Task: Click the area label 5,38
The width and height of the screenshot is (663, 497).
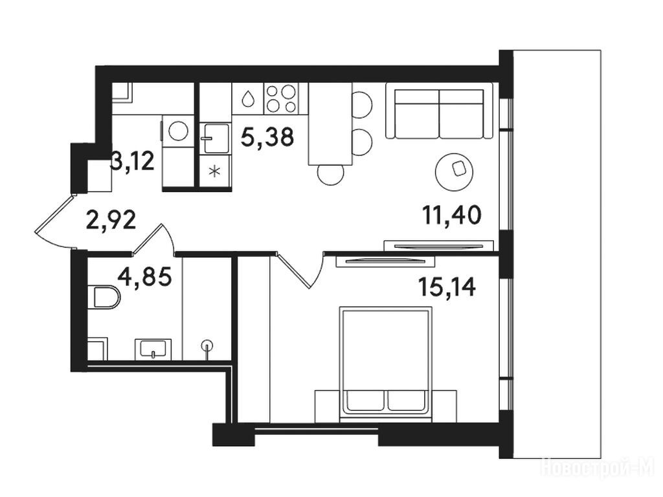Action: [x=267, y=137]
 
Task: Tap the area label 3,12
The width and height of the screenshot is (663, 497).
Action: [x=132, y=161]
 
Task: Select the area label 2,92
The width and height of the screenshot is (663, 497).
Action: [x=111, y=220]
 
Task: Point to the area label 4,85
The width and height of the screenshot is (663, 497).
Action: [x=144, y=277]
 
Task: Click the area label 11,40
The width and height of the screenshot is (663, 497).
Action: [x=451, y=215]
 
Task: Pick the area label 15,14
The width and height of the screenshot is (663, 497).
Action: [x=447, y=287]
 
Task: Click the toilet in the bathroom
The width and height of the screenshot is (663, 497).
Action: [x=104, y=298]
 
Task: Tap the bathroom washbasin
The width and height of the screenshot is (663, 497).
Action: [x=153, y=349]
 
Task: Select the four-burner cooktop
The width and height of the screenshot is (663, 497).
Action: [x=281, y=98]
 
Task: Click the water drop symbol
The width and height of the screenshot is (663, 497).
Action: [x=248, y=99]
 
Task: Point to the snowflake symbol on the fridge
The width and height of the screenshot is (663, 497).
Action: [x=215, y=171]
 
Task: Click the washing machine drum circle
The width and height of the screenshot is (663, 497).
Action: [x=179, y=131]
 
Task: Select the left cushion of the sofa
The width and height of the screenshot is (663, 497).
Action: [x=416, y=114]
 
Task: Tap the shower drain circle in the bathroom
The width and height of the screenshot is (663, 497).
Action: [x=207, y=346]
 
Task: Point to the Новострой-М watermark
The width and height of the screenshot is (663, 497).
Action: [x=598, y=468]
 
